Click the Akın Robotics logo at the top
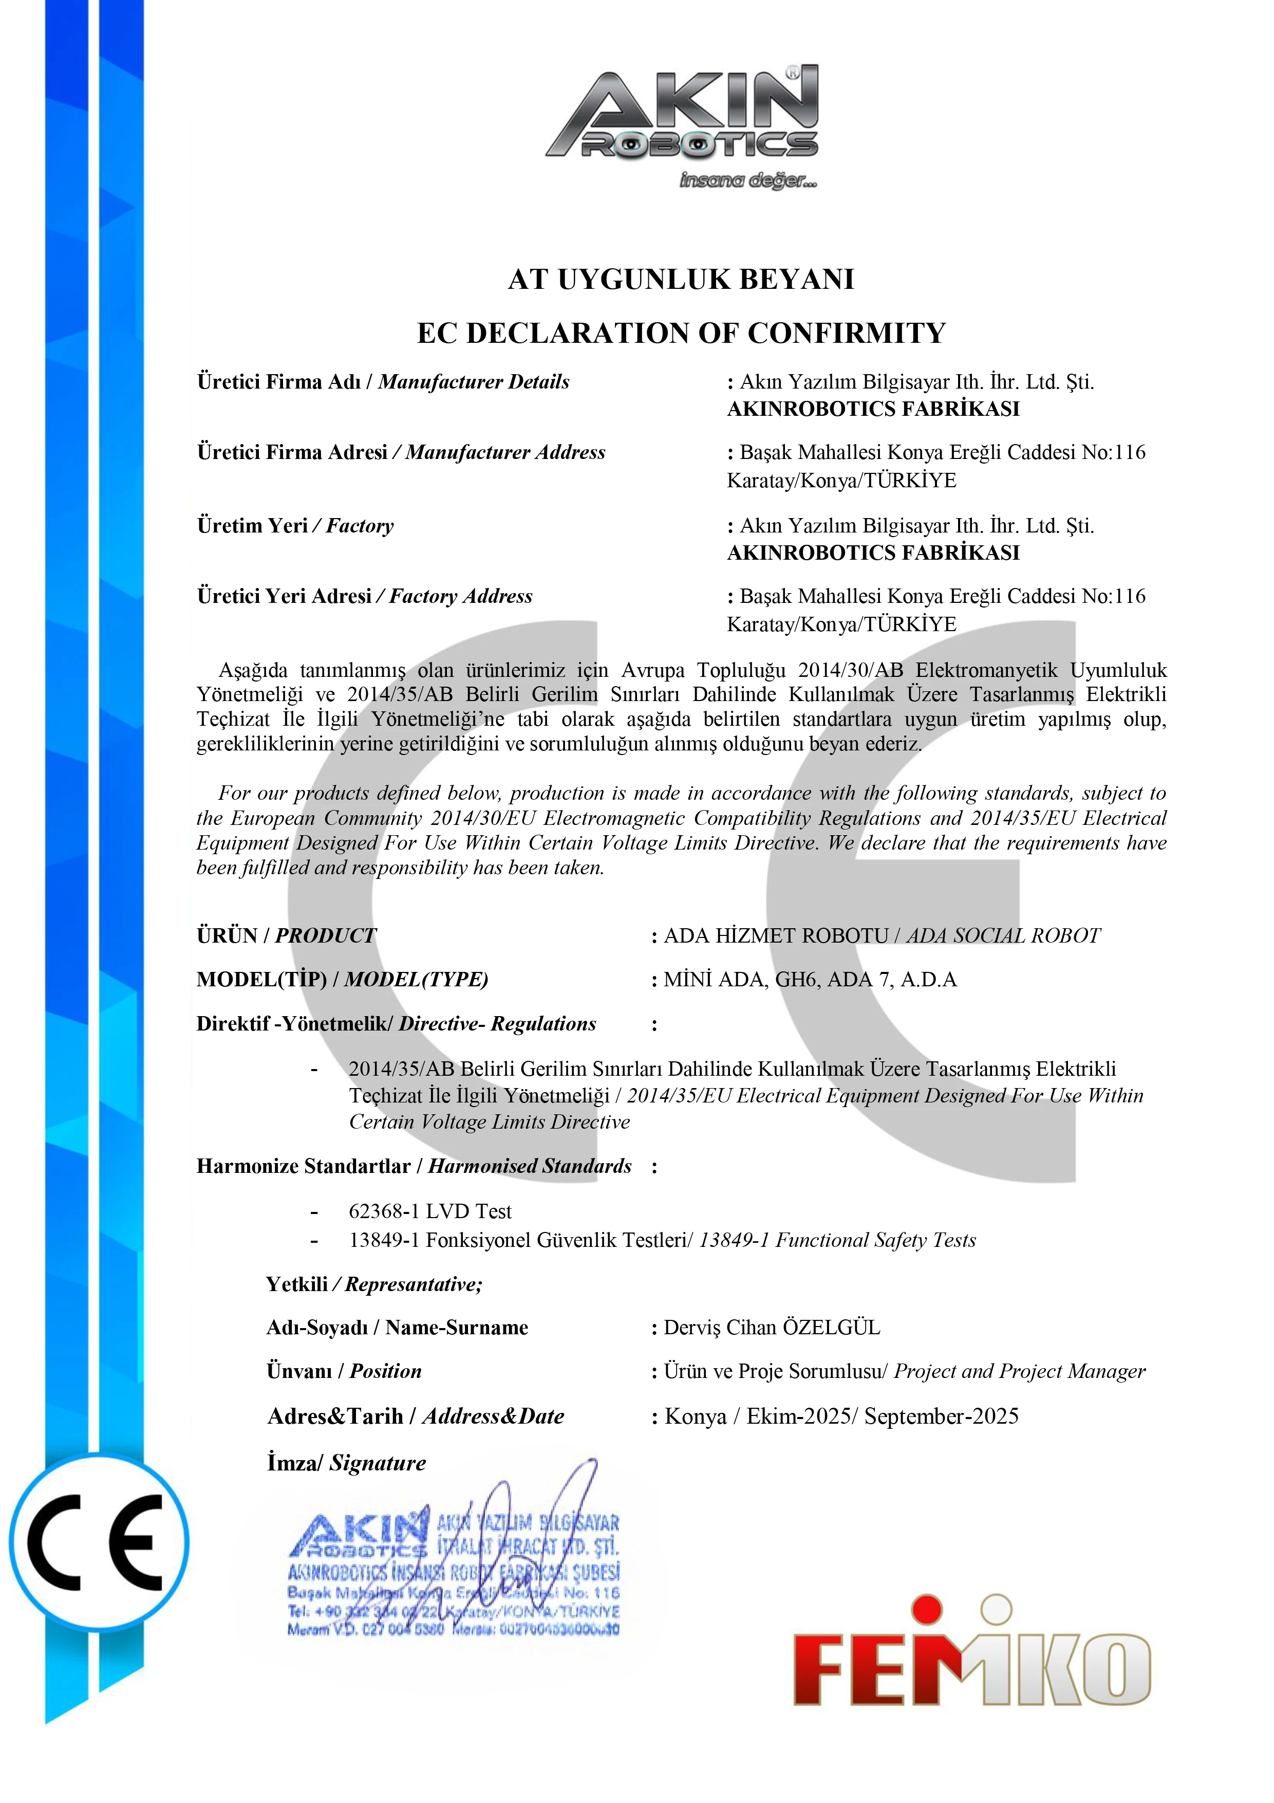click(681, 125)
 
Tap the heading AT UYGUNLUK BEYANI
click(681, 280)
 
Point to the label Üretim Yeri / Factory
click(295, 526)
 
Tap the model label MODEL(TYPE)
click(416, 980)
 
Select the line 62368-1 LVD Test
click(429, 1212)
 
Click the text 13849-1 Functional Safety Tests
click(837, 1241)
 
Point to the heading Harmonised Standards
click(530, 1167)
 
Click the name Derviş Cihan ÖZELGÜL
click(772, 1328)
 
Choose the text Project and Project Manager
click(1019, 1372)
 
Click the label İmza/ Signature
click(346, 1464)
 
